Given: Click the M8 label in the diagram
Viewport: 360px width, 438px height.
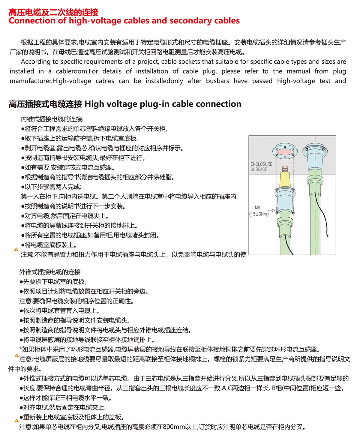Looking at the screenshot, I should [257, 207].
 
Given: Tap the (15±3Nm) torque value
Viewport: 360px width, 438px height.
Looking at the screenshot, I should [259, 214].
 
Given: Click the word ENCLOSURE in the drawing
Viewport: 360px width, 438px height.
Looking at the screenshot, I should [261, 164].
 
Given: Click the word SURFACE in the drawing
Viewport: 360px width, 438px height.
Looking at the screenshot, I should [259, 169].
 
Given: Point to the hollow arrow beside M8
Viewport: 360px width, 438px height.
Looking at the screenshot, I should [271, 210].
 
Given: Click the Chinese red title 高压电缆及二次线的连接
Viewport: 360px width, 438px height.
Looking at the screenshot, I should [53, 12].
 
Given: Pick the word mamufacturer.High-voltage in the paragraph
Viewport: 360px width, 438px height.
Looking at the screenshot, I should [50, 81].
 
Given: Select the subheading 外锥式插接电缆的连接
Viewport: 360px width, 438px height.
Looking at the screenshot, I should [50, 272].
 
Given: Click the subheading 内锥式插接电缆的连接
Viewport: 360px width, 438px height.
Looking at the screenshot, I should [52, 119].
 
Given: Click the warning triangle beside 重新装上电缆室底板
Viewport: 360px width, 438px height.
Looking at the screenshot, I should [17, 420].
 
